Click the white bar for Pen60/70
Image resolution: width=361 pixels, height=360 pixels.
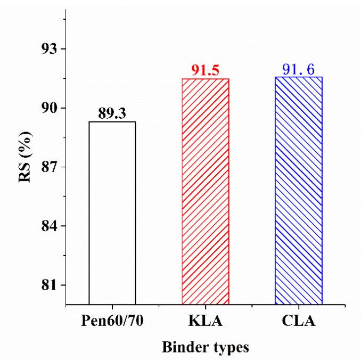click(x=112, y=213)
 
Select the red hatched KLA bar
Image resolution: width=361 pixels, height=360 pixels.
click(x=205, y=192)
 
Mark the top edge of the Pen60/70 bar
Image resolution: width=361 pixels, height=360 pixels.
click(x=112, y=122)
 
